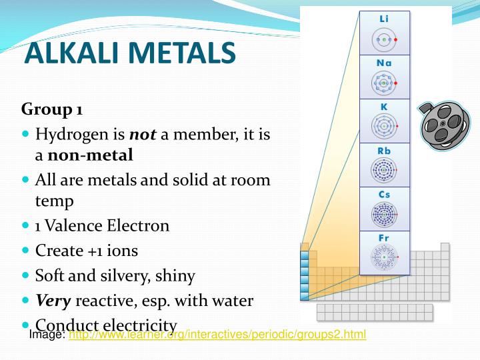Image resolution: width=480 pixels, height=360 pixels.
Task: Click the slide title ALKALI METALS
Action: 129,53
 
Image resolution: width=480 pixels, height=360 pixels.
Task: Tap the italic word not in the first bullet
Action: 142,135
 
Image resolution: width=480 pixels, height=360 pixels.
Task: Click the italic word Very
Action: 53,301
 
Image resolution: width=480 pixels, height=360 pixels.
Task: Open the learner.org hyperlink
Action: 217,335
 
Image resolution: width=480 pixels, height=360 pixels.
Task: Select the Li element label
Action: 384,19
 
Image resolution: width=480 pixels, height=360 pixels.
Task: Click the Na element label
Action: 384,63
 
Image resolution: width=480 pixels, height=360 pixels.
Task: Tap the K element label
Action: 384,107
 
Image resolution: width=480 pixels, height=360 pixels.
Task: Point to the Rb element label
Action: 384,151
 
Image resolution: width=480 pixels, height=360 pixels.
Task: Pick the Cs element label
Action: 384,195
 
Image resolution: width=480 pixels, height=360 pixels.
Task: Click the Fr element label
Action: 384,238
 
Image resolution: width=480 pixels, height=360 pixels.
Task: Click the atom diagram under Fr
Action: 384,257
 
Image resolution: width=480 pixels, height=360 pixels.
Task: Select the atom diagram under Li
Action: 384,40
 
